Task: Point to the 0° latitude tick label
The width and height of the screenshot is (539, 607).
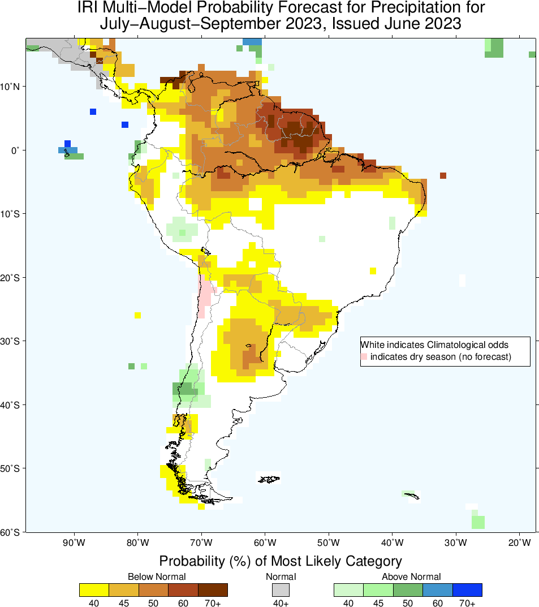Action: (x=15, y=150)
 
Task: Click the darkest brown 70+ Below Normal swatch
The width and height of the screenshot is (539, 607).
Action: (x=213, y=590)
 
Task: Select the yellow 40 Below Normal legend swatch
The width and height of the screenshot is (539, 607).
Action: (x=94, y=590)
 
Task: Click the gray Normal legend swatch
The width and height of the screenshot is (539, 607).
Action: (x=281, y=590)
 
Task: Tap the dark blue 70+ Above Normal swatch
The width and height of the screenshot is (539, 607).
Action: (x=467, y=590)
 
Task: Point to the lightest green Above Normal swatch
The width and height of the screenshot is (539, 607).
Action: (x=348, y=590)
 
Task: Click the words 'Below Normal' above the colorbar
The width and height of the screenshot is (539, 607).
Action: (x=157, y=576)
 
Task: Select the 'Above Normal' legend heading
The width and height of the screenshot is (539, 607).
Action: (x=411, y=576)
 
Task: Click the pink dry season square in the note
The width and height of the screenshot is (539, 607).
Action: (x=364, y=356)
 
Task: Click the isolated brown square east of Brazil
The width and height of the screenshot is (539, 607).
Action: (x=443, y=175)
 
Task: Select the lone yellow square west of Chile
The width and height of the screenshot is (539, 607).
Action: (x=137, y=315)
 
